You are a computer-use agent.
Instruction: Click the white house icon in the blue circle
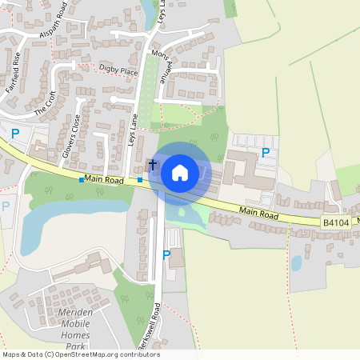(x=180, y=172)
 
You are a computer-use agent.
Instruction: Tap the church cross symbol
(x=152, y=164)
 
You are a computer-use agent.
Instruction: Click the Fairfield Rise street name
(x=14, y=73)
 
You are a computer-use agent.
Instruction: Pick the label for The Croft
(x=45, y=101)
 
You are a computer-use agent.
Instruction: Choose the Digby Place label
(x=119, y=69)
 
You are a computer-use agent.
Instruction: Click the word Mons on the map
(x=156, y=58)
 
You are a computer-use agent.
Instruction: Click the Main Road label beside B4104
(x=258, y=214)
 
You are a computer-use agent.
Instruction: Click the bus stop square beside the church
(x=140, y=180)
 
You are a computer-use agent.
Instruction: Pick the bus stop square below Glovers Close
(x=81, y=180)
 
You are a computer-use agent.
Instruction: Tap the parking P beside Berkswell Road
(x=166, y=255)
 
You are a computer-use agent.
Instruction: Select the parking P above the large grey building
(x=266, y=152)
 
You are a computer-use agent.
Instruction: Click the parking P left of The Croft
(x=14, y=134)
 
